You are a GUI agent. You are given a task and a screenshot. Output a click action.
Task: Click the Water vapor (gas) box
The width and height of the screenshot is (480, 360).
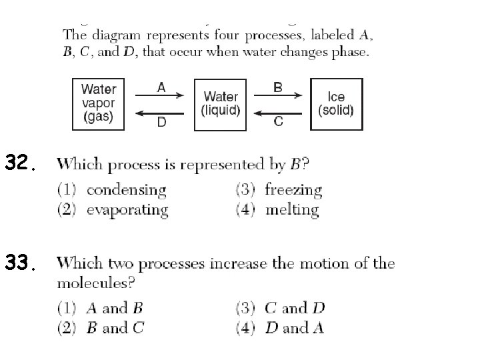(99, 104)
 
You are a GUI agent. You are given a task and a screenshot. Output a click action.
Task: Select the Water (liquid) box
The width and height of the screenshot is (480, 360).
(221, 104)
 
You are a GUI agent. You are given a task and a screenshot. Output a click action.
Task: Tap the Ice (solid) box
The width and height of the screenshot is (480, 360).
(337, 104)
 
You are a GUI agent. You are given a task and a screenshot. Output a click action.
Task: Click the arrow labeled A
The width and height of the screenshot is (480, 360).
(160, 95)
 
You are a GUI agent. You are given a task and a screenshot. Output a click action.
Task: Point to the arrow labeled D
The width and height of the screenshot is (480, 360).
(160, 113)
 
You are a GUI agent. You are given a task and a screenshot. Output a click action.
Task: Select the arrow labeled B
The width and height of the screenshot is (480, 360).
(278, 95)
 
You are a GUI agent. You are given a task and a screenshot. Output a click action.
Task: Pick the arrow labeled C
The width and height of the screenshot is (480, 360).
(278, 113)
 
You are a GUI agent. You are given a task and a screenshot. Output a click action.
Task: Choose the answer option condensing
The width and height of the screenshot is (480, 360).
(125, 190)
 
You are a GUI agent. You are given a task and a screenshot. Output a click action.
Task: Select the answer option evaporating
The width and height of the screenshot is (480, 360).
(127, 210)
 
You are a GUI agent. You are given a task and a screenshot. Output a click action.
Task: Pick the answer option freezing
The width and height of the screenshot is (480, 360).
(293, 190)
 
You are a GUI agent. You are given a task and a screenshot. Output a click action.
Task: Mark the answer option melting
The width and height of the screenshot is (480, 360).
(292, 210)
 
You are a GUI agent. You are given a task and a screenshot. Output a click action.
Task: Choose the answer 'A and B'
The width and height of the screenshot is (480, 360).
(114, 308)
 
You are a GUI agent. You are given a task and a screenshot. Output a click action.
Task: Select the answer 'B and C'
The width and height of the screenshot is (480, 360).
(114, 328)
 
